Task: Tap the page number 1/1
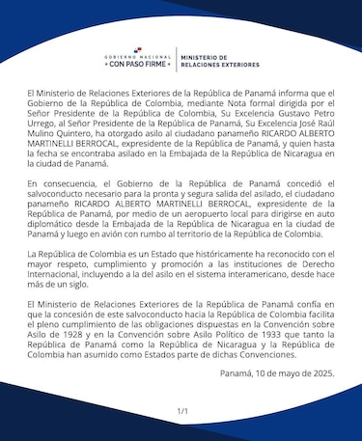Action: click(x=181, y=411)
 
